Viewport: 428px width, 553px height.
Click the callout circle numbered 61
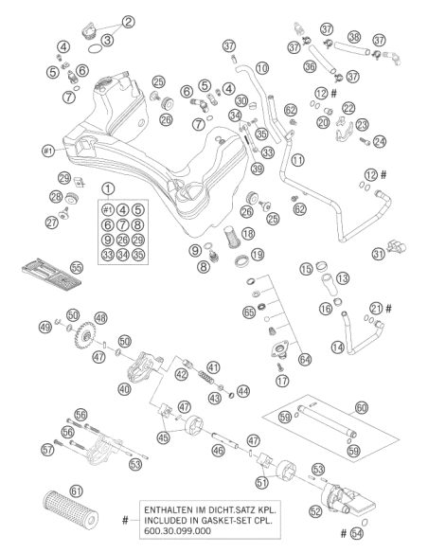(76, 491)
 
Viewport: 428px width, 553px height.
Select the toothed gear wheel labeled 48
(84, 335)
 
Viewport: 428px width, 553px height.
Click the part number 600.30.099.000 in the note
(177, 531)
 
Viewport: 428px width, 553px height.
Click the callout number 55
(77, 268)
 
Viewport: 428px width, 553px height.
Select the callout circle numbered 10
(262, 68)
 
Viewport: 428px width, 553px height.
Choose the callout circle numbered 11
(298, 160)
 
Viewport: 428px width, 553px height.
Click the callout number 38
(354, 37)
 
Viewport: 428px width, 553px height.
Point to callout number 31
(379, 254)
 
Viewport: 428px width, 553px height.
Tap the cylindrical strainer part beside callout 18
(232, 237)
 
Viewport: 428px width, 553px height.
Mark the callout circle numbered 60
(361, 408)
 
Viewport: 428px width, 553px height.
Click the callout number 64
(305, 360)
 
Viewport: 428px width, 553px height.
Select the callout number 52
(315, 511)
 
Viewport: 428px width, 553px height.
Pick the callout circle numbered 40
(124, 389)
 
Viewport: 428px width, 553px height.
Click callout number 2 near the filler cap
(129, 22)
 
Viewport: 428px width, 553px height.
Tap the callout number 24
(380, 141)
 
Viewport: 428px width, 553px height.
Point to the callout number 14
(338, 348)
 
